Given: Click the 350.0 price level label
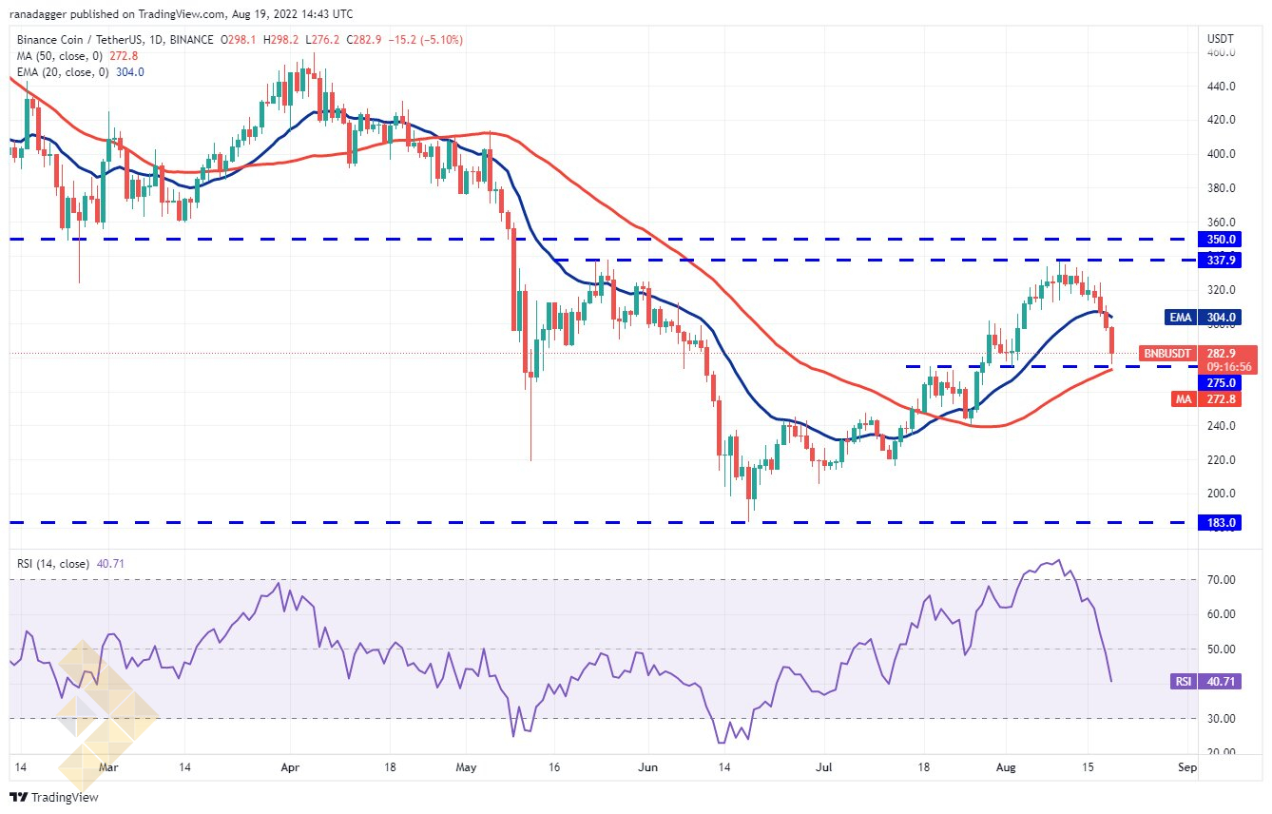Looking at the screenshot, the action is tap(1219, 239).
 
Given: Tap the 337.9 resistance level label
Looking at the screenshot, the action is tap(1219, 261).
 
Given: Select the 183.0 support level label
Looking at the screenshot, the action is tap(1219, 523).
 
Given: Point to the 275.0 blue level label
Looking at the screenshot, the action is tap(1219, 383).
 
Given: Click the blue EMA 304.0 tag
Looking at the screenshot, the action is tap(1203, 317).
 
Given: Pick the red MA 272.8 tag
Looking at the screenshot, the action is tap(1206, 398).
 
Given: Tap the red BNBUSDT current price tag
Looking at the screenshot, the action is tap(1198, 360).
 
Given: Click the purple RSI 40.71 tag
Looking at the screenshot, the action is tap(1206, 681).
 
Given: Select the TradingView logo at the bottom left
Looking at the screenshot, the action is tap(54, 797).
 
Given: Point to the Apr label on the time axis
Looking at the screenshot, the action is tap(290, 767).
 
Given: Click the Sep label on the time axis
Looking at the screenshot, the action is tap(1186, 767).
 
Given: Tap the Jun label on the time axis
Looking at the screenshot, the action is tap(647, 767).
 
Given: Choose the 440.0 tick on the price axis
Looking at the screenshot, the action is tap(1221, 87).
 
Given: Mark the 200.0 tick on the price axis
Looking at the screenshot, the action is tap(1221, 493).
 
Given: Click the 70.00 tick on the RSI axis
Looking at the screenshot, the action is tap(1221, 579).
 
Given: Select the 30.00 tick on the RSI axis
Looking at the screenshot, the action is tap(1221, 719).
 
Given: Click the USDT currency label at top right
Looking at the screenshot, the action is tap(1220, 39).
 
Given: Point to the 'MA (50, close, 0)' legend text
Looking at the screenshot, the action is tap(60, 56).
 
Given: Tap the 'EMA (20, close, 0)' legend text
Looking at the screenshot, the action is tap(63, 72).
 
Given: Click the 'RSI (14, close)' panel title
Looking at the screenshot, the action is tap(53, 564).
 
